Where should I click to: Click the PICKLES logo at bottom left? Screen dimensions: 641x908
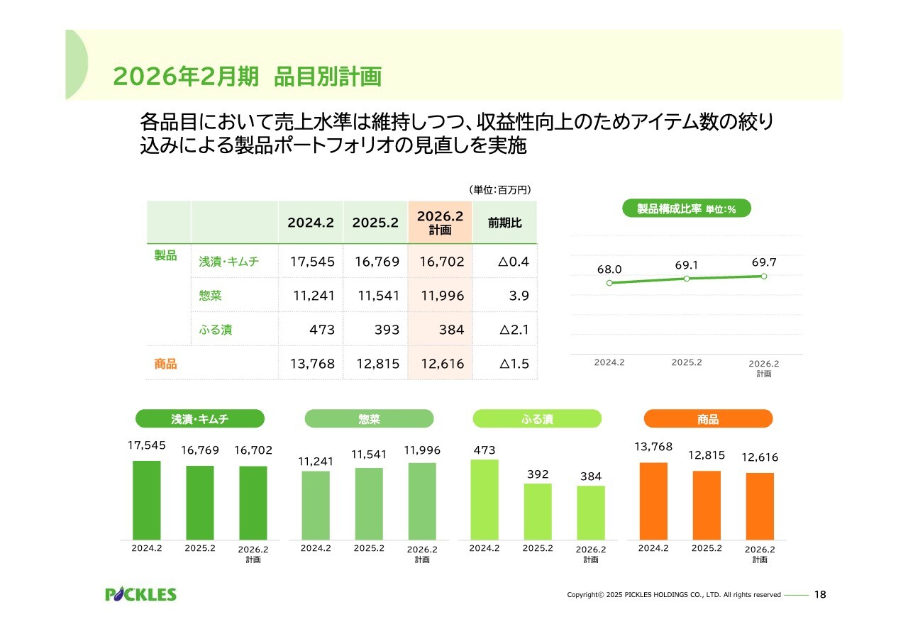[x=140, y=594]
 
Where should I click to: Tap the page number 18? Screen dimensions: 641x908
[x=821, y=595]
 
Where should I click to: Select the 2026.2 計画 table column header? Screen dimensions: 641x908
[x=440, y=222]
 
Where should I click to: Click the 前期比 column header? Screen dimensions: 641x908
[x=504, y=223]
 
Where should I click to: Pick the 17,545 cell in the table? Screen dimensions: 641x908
[x=312, y=262]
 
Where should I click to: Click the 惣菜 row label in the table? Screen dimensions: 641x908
[x=211, y=296]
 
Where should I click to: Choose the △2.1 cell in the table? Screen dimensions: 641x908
[x=514, y=330]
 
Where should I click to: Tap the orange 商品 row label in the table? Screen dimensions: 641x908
[x=165, y=364]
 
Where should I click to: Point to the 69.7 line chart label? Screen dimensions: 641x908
[x=764, y=262]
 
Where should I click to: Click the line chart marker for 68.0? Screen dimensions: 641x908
[x=609, y=283]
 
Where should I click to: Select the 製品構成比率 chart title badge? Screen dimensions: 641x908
[x=686, y=208]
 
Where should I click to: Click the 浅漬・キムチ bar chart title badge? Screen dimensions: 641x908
[x=199, y=419]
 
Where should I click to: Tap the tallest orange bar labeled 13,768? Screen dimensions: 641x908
[x=653, y=501]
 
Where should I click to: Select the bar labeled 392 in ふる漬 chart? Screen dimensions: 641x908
[x=538, y=511]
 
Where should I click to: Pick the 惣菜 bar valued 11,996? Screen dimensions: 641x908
[x=422, y=501]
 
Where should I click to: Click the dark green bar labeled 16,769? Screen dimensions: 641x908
[x=199, y=503]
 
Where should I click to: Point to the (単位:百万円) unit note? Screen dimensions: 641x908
[x=500, y=190]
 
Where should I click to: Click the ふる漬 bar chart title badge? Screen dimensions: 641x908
[x=537, y=419]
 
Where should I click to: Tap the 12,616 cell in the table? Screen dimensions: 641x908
[x=442, y=364]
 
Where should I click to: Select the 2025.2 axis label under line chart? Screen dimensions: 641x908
[x=687, y=362]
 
